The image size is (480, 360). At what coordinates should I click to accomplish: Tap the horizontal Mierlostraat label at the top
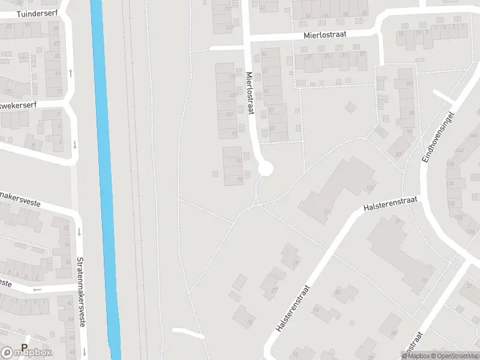(x=325, y=35)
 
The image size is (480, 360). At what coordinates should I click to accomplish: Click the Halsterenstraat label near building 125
(x=389, y=202)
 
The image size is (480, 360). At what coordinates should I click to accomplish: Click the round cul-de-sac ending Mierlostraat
(x=265, y=169)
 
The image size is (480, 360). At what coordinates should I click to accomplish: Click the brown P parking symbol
(x=25, y=347)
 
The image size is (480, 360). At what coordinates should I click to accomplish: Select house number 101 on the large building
(x=328, y=212)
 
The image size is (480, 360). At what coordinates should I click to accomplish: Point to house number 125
(x=370, y=188)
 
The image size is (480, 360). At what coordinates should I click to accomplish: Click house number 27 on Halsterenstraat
(x=275, y=290)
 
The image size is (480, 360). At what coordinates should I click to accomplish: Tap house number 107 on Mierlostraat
(x=232, y=95)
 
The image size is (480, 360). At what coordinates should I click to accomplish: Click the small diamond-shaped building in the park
(x=350, y=107)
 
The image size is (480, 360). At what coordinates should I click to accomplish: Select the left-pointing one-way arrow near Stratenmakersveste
(x=37, y=289)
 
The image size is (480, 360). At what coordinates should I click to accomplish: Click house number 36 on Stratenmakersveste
(x=67, y=262)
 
